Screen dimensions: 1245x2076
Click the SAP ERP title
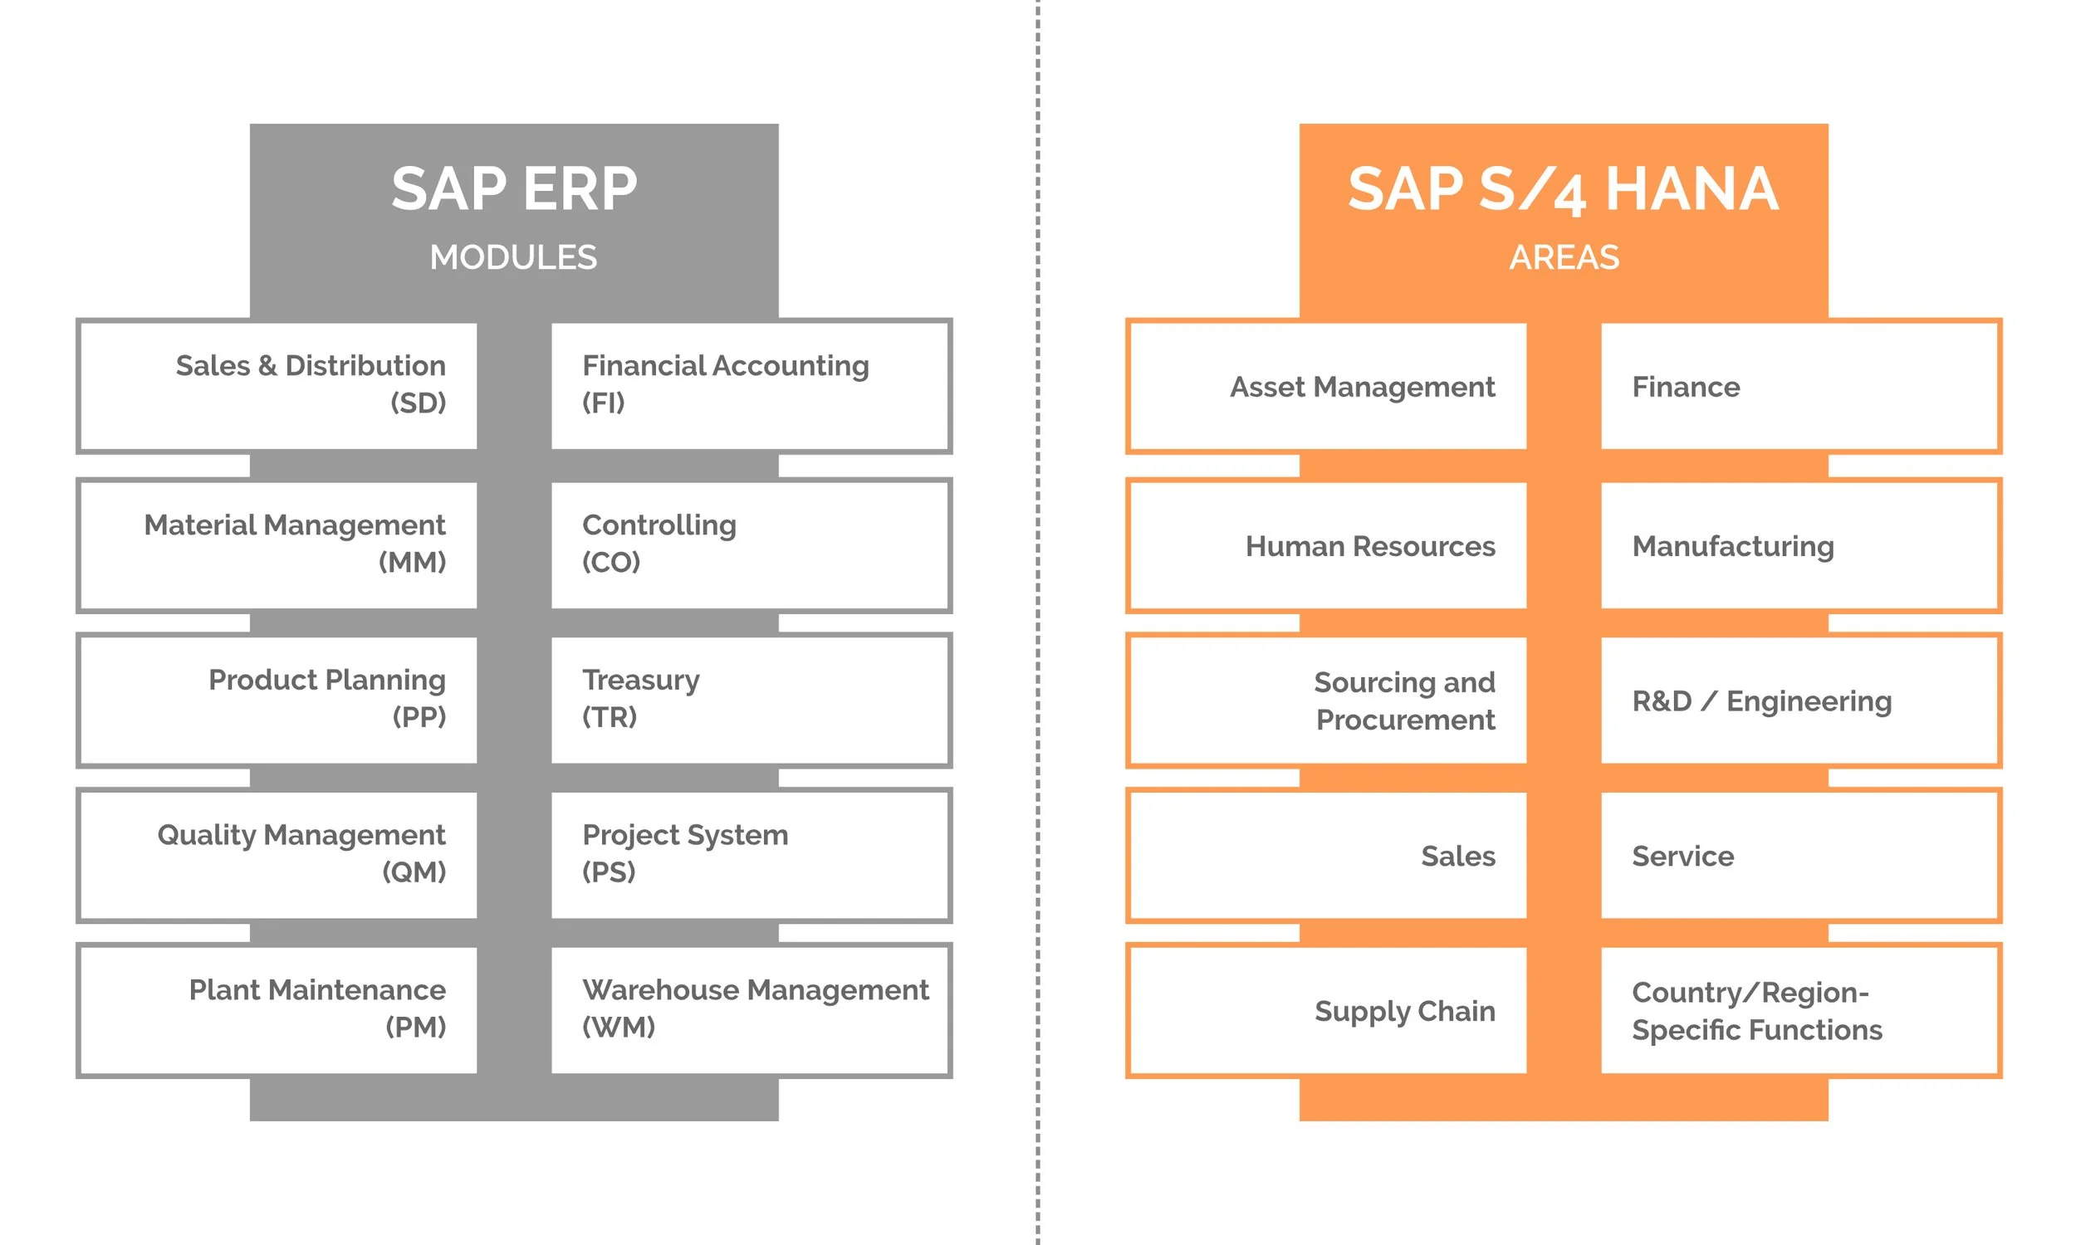[x=513, y=188]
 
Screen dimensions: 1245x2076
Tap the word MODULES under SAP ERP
[x=512, y=257]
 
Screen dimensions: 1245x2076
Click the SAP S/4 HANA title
[x=1563, y=189]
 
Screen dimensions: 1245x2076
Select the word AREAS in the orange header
[x=1564, y=257]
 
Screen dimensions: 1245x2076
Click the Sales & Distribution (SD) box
[x=277, y=386]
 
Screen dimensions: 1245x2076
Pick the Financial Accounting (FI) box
[x=750, y=386]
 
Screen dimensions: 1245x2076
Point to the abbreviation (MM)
[x=412, y=562]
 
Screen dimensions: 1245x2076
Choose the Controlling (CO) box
[x=750, y=545]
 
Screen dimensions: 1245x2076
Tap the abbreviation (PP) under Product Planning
[x=419, y=717]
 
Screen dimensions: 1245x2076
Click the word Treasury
[x=640, y=680]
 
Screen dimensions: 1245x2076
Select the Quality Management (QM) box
[x=277, y=855]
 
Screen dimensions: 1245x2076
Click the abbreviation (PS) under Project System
[x=609, y=872]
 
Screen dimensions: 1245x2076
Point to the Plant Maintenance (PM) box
[x=277, y=1010]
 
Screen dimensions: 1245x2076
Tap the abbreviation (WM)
[x=619, y=1027]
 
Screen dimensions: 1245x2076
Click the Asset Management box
[x=1327, y=386]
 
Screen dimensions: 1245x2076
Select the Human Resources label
[x=1369, y=546]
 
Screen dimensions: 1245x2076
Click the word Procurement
[x=1405, y=720]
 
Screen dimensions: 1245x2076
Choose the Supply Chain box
[x=1327, y=1010]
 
